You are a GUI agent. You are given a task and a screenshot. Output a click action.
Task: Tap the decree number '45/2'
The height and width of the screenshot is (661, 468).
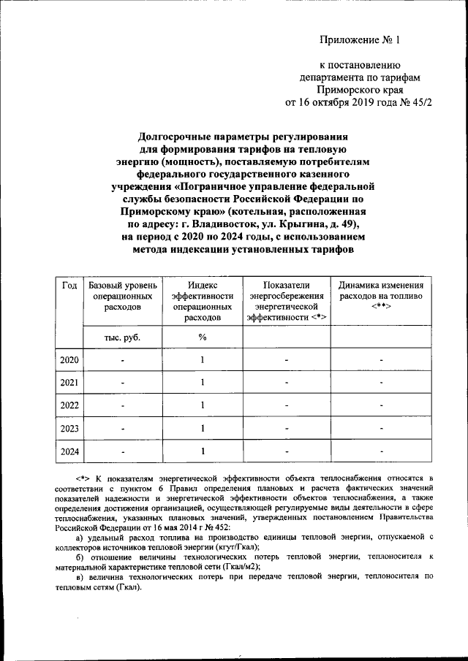[x=420, y=102]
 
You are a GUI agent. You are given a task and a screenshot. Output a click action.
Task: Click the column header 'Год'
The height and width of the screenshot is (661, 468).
[x=69, y=285]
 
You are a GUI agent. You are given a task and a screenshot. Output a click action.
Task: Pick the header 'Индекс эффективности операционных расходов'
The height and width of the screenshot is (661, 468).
[x=202, y=301]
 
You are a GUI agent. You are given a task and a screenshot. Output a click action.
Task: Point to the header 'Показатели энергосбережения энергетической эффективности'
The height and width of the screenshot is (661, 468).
[x=287, y=301]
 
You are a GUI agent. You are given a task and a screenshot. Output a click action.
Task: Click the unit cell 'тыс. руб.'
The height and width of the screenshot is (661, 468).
[x=122, y=337]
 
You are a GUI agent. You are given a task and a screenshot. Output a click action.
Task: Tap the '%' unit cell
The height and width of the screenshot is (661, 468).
[x=202, y=337]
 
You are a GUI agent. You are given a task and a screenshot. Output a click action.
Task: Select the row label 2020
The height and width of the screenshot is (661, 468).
[x=69, y=360]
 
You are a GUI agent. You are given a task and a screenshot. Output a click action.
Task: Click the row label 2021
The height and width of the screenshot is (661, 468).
[x=69, y=383]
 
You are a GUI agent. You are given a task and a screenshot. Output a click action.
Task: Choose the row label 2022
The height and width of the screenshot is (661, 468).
[x=69, y=405]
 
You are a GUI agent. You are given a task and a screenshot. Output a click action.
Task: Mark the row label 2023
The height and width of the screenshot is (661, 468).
[x=69, y=429]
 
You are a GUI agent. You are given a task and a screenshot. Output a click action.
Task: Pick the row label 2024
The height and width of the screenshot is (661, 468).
[x=69, y=451]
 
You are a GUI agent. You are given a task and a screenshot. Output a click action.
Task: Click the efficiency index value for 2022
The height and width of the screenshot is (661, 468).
[x=202, y=405]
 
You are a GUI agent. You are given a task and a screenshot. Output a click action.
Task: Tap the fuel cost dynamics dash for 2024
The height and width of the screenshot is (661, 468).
[x=381, y=452]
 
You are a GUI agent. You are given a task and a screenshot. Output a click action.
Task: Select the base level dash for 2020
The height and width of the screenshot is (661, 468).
[x=122, y=361]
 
